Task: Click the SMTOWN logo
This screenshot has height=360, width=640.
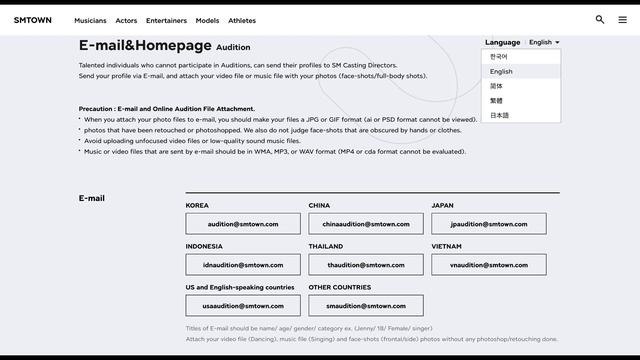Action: pos(33,20)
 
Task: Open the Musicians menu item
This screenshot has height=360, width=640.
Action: pos(90,20)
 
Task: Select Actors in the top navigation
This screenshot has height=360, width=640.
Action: pos(126,20)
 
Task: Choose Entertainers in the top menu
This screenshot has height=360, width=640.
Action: pos(166,20)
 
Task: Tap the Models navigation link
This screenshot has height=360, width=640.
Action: pos(207,20)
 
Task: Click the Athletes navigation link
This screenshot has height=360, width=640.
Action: pos(242,20)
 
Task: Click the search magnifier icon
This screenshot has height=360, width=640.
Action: pos(600,19)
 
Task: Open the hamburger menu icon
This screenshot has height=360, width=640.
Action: pos(622,19)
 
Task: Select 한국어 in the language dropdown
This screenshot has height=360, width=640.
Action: pos(499,57)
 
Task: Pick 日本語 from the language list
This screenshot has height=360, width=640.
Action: pos(500,115)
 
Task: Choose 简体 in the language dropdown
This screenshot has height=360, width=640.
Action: pos(496,86)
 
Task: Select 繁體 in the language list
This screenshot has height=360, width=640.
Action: pos(496,100)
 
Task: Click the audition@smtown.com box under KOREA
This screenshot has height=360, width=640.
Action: pos(243,224)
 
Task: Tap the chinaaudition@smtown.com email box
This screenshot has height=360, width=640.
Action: pos(366,224)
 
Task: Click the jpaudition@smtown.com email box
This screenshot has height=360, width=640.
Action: pos(489,224)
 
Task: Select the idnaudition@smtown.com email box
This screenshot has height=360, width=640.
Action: pos(243,265)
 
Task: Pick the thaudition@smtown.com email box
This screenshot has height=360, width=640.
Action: pos(366,265)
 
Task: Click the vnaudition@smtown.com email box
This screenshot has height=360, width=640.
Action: pos(489,265)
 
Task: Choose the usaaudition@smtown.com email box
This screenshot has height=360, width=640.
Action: pos(243,306)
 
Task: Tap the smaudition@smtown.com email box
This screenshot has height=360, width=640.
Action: pos(366,306)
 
